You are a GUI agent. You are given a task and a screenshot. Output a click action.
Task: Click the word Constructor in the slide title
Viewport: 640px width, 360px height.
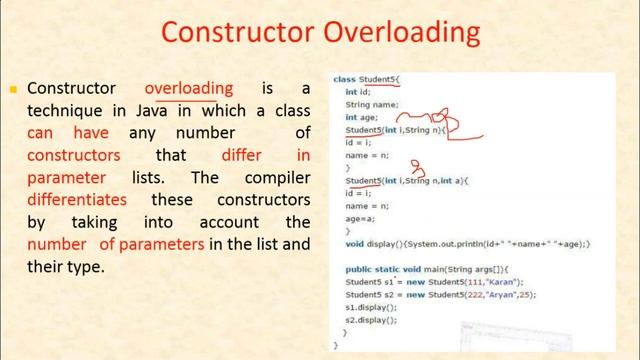pos(234,32)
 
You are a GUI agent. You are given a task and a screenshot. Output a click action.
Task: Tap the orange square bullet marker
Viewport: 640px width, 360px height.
pos(13,89)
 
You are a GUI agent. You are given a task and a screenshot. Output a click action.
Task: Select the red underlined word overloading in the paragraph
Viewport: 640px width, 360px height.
pos(189,88)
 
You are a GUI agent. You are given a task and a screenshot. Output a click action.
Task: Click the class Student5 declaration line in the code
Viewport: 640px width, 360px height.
pos(366,78)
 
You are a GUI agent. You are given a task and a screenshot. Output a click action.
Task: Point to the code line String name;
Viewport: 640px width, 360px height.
pos(372,104)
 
